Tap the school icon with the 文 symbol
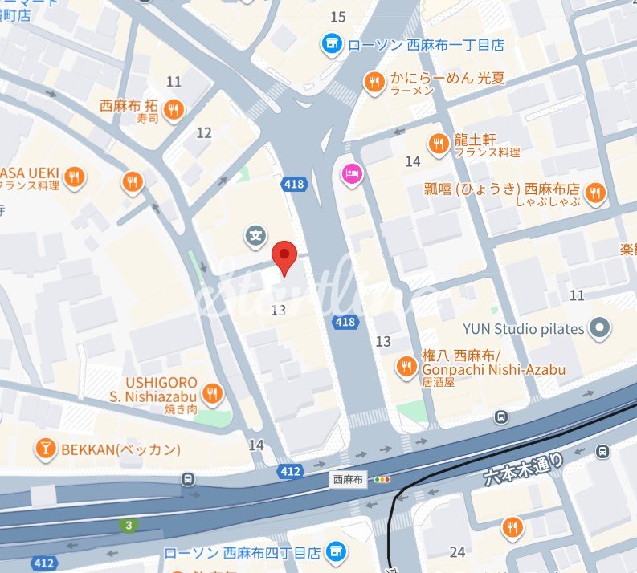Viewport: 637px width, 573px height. coord(255,236)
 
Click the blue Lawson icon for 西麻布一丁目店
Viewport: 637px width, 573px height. coord(330,45)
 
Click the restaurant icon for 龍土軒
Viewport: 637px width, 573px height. coord(438,144)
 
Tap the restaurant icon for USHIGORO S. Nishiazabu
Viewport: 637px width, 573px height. coord(213,393)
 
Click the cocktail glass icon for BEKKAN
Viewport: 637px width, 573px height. coord(45,449)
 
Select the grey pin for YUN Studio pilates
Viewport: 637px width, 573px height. coord(598,327)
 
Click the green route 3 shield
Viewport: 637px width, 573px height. coord(127,526)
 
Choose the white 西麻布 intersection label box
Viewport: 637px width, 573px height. coord(348,479)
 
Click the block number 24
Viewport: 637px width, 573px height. coord(458,551)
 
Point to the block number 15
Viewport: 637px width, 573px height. coord(338,17)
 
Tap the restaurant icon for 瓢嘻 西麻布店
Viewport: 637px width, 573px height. coord(595,193)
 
